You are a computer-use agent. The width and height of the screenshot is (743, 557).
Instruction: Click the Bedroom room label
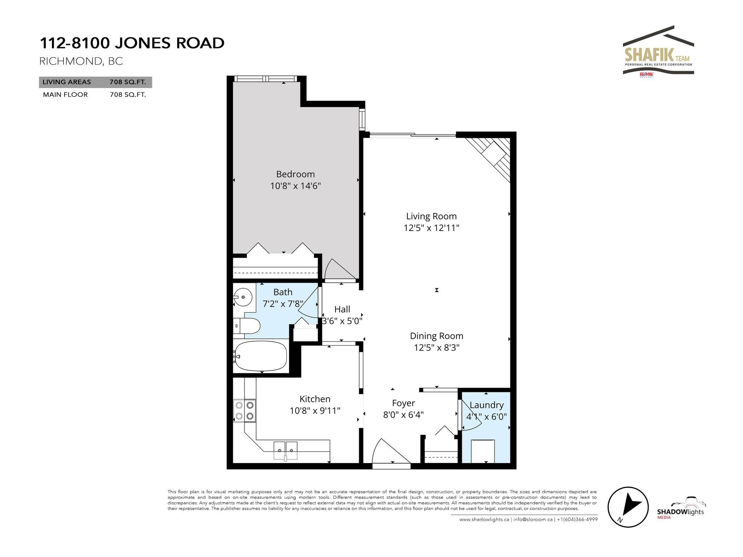[295, 174]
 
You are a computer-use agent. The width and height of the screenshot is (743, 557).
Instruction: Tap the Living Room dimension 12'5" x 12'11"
[431, 228]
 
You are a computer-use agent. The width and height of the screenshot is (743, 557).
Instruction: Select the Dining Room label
[436, 336]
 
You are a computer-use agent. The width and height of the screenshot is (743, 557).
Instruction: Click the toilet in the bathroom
[247, 326]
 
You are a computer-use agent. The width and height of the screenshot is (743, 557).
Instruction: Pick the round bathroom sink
[243, 298]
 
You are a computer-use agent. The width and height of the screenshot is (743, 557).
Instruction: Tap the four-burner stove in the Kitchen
[244, 410]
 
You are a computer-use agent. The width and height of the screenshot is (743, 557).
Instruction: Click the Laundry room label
[487, 405]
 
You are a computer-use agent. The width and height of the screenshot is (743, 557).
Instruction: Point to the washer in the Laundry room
[483, 451]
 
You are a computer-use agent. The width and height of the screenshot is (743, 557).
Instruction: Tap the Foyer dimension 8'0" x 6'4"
[403, 414]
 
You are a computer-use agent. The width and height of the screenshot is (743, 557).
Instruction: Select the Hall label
[342, 309]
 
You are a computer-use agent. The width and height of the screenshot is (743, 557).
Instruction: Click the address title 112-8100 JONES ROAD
[132, 43]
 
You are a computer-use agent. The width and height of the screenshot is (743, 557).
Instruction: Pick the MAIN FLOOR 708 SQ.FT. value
[128, 95]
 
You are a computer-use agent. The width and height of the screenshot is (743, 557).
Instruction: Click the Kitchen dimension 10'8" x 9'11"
[315, 411]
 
